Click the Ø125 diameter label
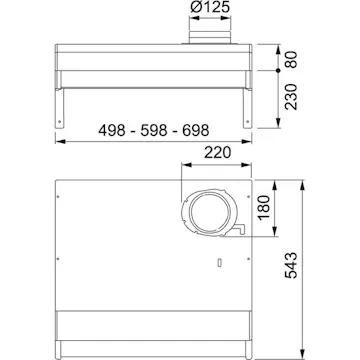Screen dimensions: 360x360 click(x=210, y=7)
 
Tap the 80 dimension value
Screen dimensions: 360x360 click(x=291, y=60)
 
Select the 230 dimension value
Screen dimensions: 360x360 click(x=291, y=97)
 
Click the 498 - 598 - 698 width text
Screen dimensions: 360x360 click(x=154, y=130)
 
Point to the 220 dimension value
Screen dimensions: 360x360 click(x=217, y=153)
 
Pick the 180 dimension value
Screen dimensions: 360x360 click(x=264, y=207)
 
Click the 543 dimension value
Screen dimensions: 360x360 click(x=291, y=265)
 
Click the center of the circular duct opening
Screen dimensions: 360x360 click(x=209, y=212)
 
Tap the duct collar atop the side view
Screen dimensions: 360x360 click(x=210, y=37)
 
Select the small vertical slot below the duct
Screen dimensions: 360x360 click(x=219, y=263)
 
